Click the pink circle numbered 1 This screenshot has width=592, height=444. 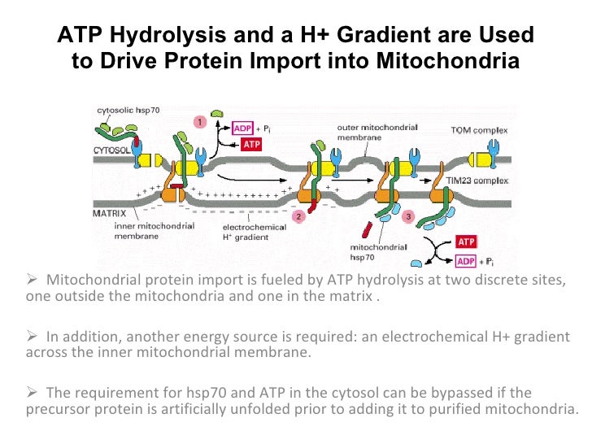pyautogui.click(x=199, y=121)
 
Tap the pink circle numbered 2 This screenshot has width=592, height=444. pyautogui.click(x=298, y=216)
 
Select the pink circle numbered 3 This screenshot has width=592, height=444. pyautogui.click(x=408, y=216)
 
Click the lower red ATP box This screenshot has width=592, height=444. pyautogui.click(x=467, y=242)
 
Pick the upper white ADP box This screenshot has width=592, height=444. pyautogui.click(x=243, y=128)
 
